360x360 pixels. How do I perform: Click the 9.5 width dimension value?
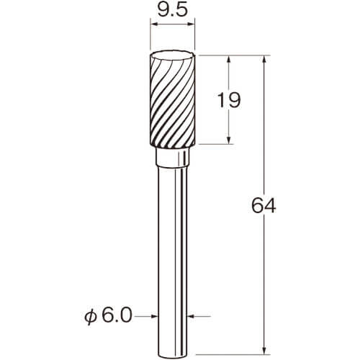pos(172,10)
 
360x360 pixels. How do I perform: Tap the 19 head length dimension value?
pos(228,100)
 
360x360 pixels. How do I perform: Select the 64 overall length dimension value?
pos(264,205)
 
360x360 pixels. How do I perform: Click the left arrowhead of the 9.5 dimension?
pos(153,24)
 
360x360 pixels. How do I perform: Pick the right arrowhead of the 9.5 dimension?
pos(191,24)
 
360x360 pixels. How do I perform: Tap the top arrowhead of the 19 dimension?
pos(229,59)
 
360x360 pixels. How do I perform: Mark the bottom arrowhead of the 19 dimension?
pos(229,140)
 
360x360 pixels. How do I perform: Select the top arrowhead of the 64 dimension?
pos(264,59)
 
